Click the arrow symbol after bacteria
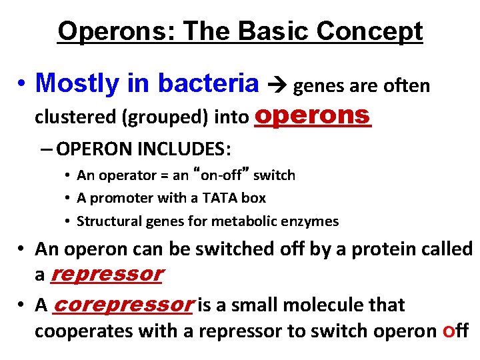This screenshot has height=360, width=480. [x=276, y=85]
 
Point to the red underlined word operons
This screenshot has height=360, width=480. [x=313, y=115]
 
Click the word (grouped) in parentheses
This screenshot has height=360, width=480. [x=177, y=117]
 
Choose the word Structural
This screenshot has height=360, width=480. [x=105, y=221]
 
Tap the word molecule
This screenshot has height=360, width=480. [x=316, y=305]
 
